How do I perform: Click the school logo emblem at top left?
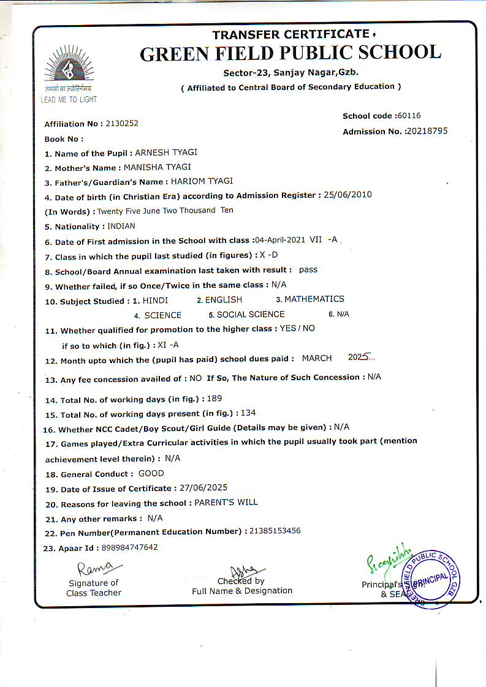(x=69, y=69)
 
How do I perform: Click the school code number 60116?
(x=409, y=116)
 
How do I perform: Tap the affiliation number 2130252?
(x=122, y=123)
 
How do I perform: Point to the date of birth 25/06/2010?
(x=347, y=195)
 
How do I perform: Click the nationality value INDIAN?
(x=121, y=226)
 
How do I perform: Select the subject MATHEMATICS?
(x=314, y=299)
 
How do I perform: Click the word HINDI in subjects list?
(x=155, y=300)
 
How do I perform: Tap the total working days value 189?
(x=215, y=399)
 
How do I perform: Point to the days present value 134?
(x=248, y=413)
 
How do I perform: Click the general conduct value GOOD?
(x=151, y=473)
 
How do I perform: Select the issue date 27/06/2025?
(x=203, y=488)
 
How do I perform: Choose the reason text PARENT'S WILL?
(x=226, y=502)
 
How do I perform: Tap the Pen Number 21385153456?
(x=275, y=531)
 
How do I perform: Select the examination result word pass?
(x=308, y=269)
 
